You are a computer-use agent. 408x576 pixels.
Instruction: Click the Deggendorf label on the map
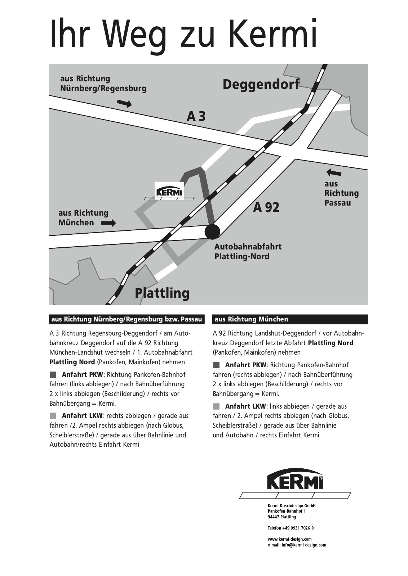click(x=261, y=84)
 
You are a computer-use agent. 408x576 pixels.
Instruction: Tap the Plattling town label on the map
click(x=162, y=293)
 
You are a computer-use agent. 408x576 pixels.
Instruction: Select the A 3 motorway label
click(x=196, y=116)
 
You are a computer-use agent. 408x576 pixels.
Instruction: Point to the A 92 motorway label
click(x=266, y=208)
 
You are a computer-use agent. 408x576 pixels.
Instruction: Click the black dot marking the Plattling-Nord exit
click(x=212, y=231)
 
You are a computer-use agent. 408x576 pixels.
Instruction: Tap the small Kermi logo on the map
click(x=169, y=191)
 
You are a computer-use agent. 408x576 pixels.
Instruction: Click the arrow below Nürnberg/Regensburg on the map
click(x=124, y=104)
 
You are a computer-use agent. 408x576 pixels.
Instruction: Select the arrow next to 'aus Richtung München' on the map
click(x=108, y=223)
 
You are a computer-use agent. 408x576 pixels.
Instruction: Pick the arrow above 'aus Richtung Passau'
click(x=333, y=172)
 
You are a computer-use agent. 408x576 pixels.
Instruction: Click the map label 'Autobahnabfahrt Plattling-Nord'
click(x=248, y=251)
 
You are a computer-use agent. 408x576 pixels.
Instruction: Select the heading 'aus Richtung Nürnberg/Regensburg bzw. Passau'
click(x=127, y=319)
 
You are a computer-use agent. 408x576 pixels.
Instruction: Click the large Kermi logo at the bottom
click(x=295, y=483)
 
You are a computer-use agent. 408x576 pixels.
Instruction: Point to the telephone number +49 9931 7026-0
click(x=291, y=528)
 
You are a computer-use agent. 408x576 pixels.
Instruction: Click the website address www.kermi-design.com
click(x=289, y=539)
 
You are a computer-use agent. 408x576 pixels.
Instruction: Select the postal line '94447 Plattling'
click(x=282, y=517)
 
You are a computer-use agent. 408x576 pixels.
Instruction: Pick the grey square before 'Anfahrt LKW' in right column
click(x=216, y=406)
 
